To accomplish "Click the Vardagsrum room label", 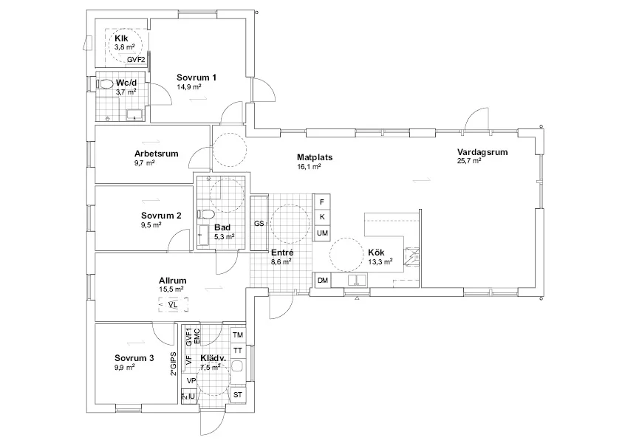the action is coord(482,152).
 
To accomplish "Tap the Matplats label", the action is coord(315,157).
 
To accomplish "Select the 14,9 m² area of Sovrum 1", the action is coord(189,87).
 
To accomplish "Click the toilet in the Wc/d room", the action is coord(104,83).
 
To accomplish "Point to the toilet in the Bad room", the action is coord(205,214).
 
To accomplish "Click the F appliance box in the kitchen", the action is coord(321,202).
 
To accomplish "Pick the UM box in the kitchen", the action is coord(322,233).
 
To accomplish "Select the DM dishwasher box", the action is coord(323,281).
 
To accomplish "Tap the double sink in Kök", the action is coord(358,280).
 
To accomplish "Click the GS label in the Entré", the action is coord(259,224).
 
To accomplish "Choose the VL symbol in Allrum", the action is coord(173,305).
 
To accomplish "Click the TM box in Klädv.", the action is coord(238,335).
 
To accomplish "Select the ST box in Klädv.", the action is coord(238,395).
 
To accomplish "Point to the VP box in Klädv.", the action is coord(191,381).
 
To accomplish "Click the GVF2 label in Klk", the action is coord(136,60).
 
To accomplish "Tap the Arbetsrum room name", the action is coord(157,154).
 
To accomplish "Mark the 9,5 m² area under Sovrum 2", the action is coord(151,225).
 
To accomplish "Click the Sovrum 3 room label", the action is coord(134,358).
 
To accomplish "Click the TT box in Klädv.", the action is coord(238,351).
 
